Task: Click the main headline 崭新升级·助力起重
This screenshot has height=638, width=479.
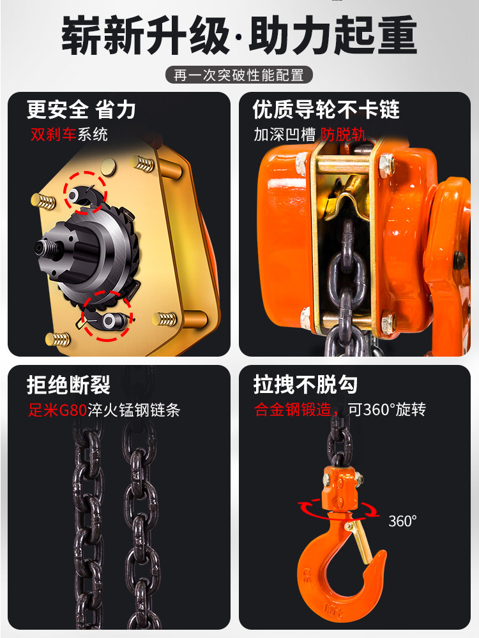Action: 240,35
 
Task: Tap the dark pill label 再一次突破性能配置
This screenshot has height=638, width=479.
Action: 239,75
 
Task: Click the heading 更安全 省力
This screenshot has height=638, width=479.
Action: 81,110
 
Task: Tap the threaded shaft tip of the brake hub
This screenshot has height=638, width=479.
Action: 41,248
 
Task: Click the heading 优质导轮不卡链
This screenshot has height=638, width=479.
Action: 326,110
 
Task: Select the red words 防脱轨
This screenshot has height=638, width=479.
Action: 344,134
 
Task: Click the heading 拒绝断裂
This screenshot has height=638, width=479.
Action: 68,385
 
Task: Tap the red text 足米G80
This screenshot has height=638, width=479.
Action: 57,410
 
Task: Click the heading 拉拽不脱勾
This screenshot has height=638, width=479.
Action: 305,385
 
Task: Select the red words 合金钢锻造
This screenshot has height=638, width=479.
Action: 293,410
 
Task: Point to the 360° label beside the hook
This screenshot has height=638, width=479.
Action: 402,521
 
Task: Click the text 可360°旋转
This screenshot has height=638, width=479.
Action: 387,410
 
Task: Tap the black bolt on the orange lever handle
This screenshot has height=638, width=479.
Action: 459,258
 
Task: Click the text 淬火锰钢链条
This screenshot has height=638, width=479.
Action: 133,410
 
